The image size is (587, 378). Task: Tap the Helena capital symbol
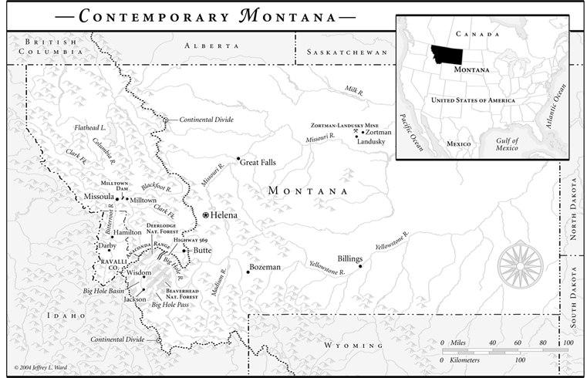click(206, 214)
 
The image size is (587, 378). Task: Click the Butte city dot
click(185, 250)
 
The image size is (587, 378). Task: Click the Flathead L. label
click(89, 126)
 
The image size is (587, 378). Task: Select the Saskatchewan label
click(346, 52)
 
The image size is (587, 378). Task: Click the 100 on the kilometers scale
click(520, 359)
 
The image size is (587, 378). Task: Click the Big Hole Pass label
click(170, 305)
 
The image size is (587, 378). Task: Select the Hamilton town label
click(127, 231)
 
